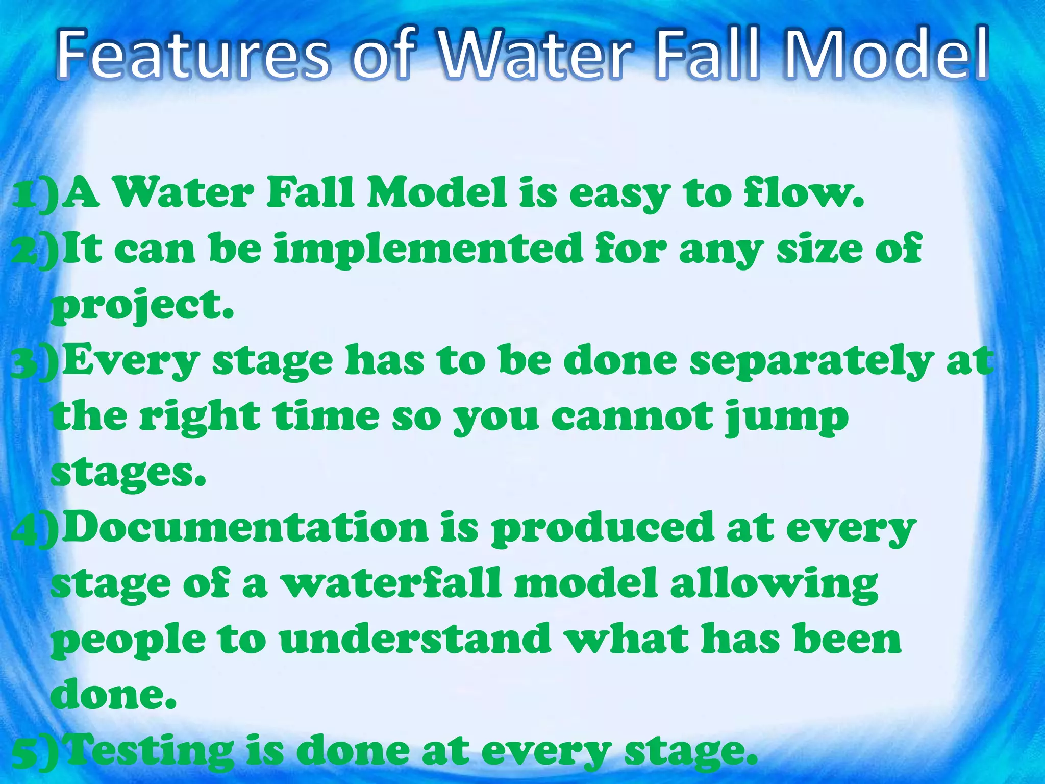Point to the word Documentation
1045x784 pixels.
[x=245, y=528]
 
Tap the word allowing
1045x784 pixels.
[x=774, y=585]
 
